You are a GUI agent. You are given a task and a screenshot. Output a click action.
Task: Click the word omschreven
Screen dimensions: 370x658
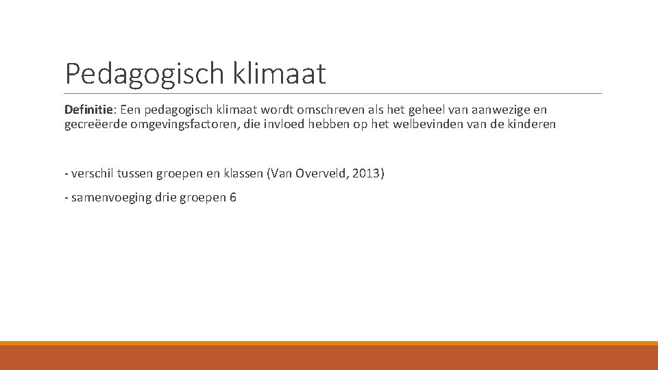pyautogui.click(x=324, y=110)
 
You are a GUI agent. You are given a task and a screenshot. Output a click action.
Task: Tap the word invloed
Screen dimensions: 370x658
pyautogui.click(x=285, y=124)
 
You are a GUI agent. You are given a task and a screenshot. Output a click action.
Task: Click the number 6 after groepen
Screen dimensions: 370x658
pyautogui.click(x=233, y=197)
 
